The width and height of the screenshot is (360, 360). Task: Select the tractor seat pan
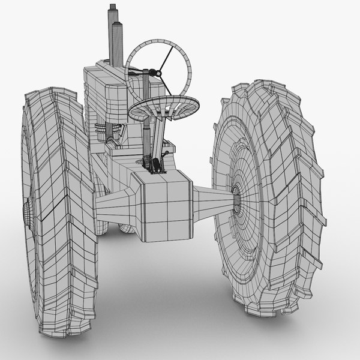point(163,107)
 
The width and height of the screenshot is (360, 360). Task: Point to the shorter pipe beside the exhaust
point(119,45)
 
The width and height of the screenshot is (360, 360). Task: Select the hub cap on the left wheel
point(27,211)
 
